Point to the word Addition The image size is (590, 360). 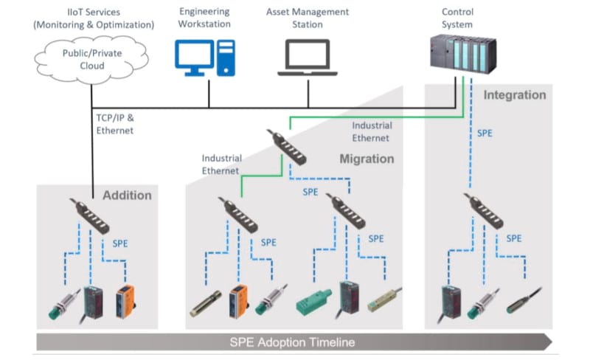(127, 195)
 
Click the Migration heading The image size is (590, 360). (367, 159)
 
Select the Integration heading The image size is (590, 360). (515, 95)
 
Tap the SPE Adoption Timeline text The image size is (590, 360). (291, 342)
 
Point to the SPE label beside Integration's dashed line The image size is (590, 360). (485, 134)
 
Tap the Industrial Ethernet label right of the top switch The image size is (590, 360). (372, 131)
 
